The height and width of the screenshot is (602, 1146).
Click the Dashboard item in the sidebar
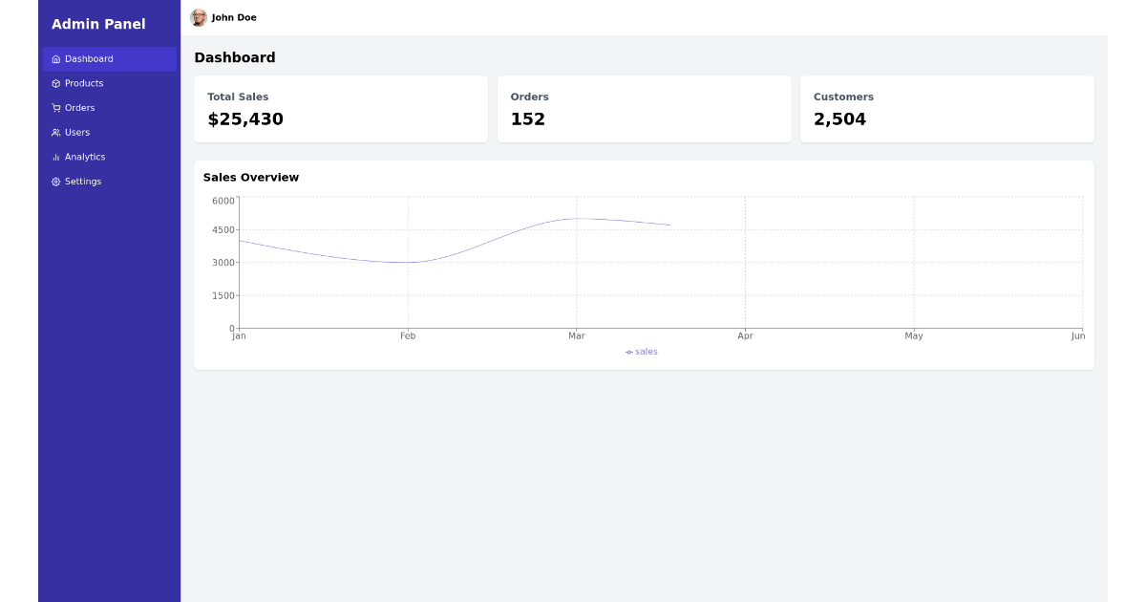(88, 59)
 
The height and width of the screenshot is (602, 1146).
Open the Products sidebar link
(83, 84)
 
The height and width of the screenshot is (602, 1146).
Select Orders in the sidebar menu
(79, 108)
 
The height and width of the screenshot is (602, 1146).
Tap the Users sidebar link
(76, 133)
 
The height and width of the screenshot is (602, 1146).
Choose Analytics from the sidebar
(84, 157)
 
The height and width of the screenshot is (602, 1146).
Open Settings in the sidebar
(82, 182)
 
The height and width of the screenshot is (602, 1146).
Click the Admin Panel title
(98, 24)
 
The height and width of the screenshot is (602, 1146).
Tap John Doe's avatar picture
(199, 18)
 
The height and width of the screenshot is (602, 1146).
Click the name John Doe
(234, 18)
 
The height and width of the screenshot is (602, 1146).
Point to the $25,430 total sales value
(245, 119)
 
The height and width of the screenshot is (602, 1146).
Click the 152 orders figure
(528, 119)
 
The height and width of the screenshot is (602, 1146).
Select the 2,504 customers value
(839, 119)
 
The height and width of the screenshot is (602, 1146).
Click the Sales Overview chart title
(250, 178)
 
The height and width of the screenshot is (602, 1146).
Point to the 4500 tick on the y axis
(223, 230)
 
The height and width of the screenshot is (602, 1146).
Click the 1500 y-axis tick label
(223, 296)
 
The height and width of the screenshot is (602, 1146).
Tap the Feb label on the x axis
(408, 336)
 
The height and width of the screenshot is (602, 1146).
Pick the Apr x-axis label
(745, 336)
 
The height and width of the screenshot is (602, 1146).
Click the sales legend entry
(642, 352)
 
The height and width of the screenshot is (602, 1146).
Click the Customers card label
(843, 97)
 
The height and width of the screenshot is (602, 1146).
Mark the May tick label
(914, 336)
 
